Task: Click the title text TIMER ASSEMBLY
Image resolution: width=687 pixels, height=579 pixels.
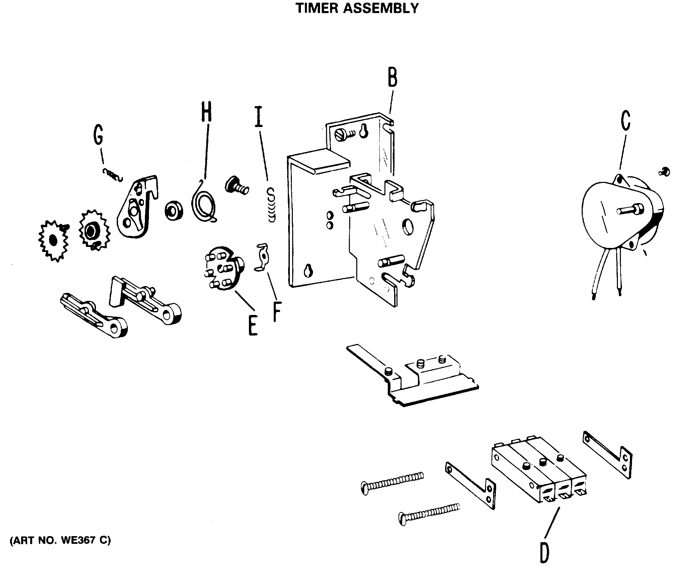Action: click(357, 8)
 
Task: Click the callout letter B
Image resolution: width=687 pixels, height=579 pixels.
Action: click(392, 78)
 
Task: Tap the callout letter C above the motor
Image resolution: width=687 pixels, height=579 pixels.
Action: click(625, 121)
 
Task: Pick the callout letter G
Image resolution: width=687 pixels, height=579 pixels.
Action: click(98, 134)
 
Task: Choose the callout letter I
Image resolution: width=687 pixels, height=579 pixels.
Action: click(258, 117)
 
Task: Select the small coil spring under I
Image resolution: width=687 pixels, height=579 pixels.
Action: click(271, 205)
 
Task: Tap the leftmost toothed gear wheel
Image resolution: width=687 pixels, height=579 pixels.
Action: click(53, 240)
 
